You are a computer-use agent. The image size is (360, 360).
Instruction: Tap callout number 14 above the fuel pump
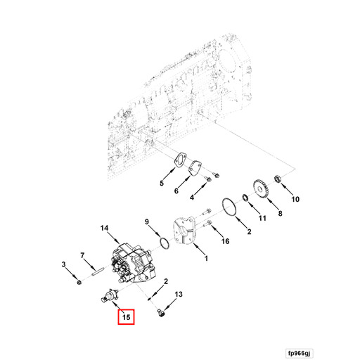click(x=104, y=228)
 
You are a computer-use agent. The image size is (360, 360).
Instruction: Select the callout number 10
click(x=295, y=199)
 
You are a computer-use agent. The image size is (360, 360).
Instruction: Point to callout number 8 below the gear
click(x=278, y=213)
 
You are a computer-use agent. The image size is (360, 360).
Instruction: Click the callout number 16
click(x=225, y=241)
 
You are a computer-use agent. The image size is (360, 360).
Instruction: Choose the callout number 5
click(x=161, y=184)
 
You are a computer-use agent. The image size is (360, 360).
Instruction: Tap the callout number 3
click(x=64, y=264)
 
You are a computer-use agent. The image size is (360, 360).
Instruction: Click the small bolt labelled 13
click(x=162, y=309)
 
